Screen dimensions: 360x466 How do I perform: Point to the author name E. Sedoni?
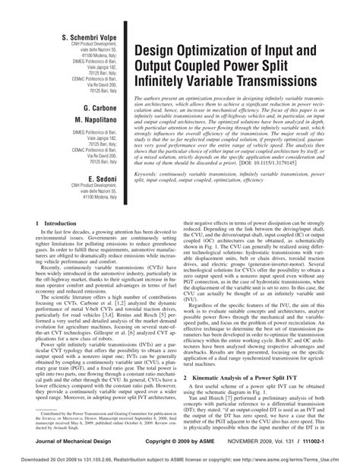(x=88, y=179)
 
